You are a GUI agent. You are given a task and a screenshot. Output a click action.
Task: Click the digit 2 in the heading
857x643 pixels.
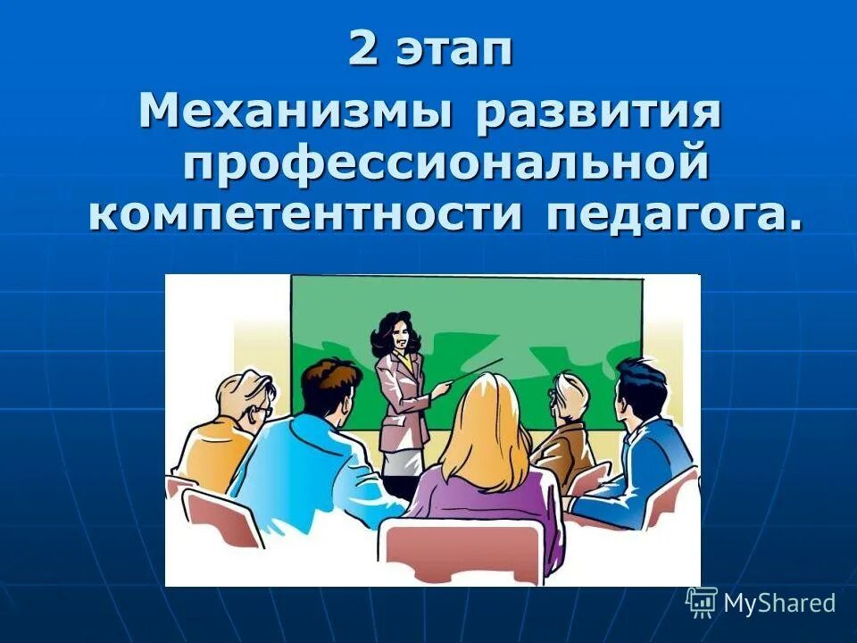click(x=362, y=50)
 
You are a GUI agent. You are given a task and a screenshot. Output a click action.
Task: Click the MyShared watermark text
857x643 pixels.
click(x=779, y=603)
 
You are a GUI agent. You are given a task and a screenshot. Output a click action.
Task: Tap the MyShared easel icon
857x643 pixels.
click(x=702, y=603)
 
